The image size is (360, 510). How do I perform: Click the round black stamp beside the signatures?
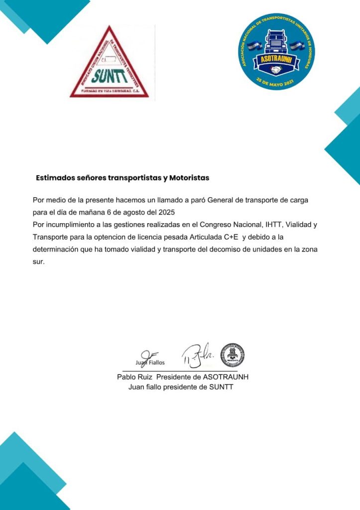point(232,355)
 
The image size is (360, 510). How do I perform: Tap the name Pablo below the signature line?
point(127,377)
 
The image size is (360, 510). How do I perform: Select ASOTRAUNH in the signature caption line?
point(226,377)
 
